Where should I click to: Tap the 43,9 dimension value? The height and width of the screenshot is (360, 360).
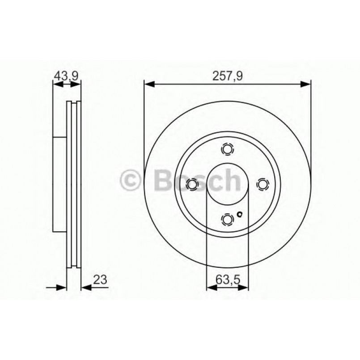click(x=66, y=76)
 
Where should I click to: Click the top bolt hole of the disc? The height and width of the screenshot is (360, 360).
click(x=228, y=149)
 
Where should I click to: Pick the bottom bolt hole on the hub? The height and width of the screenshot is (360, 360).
click(x=228, y=219)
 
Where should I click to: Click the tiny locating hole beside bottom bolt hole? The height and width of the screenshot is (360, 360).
click(x=240, y=214)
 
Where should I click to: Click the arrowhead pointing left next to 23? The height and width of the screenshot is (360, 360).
click(x=85, y=288)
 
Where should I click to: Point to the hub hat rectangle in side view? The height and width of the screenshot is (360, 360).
click(x=59, y=183)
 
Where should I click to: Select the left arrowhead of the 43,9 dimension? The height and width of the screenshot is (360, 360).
click(x=56, y=84)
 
